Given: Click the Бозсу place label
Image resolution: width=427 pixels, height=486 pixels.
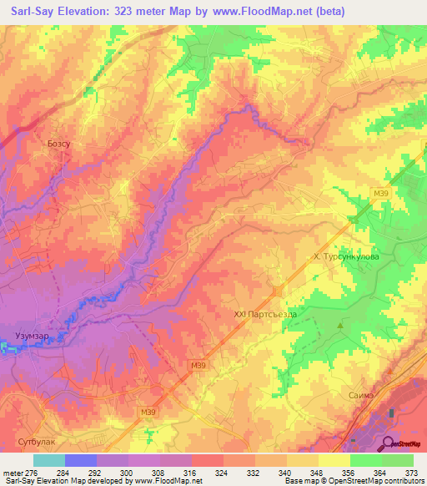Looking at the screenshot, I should point(58,144).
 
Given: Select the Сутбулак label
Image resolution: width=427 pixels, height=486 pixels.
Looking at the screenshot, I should point(36,437).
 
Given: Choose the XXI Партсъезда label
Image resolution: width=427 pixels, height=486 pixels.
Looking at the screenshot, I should point(265,314).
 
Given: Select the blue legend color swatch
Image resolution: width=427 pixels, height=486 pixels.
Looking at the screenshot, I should point(81,461).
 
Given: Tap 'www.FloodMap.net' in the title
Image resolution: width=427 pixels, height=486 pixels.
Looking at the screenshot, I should point(256,11).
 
